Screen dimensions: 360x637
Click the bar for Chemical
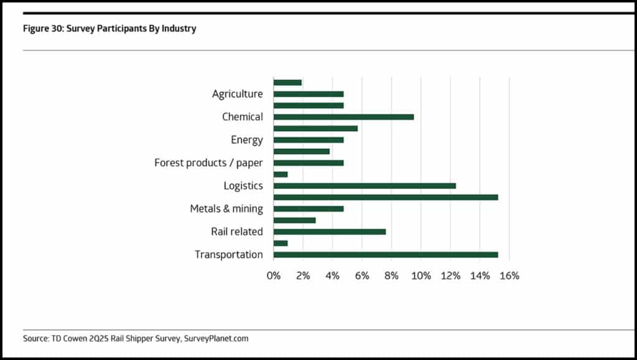pos(343,117)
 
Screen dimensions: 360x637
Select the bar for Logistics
pos(365,186)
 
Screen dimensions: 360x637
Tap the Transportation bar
pos(386,254)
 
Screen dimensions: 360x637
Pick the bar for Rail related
pos(330,231)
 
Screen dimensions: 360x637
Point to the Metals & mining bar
pos(309,208)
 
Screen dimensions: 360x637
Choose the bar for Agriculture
pos(309,94)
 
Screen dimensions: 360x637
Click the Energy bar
pos(309,140)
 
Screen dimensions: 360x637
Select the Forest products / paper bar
pos(309,163)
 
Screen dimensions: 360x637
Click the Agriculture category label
pos(237,94)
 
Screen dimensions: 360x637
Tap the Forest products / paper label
pos(208,163)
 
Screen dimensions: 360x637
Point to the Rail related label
pos(237,232)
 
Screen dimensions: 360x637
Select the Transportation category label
pos(228,255)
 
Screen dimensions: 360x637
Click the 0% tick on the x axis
pos(274,275)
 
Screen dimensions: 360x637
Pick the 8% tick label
pos(391,275)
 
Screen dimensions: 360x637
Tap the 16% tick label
pos(509,275)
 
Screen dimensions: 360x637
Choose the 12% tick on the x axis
pos(450,275)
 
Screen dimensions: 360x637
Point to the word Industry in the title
pos(179,29)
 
